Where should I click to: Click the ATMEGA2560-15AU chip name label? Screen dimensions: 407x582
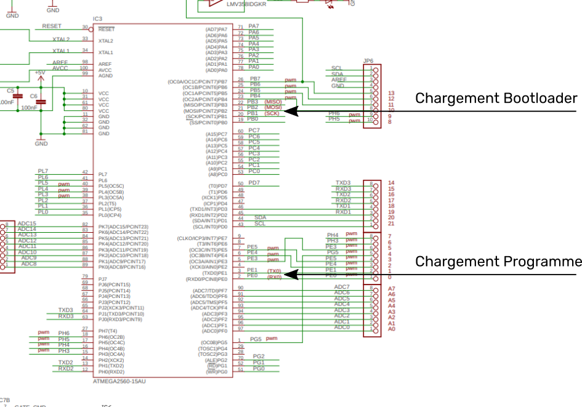click(119, 382)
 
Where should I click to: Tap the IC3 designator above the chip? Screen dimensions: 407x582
click(97, 20)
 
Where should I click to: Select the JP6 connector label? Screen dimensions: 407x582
click(368, 61)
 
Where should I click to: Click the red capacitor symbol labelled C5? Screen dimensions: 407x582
click(18, 96)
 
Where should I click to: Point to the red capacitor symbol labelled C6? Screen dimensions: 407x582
click(41, 102)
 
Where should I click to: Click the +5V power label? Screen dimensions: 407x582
click(40, 73)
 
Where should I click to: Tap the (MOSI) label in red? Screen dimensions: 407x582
click(273, 107)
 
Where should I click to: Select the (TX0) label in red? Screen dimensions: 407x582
click(274, 271)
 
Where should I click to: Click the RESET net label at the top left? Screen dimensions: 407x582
click(52, 26)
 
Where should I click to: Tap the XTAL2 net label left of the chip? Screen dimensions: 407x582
click(61, 39)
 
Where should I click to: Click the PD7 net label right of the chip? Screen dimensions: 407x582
click(254, 183)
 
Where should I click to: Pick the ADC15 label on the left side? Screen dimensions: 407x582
click(27, 224)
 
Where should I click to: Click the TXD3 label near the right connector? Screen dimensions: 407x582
click(343, 183)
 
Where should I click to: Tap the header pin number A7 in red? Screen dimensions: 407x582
click(392, 289)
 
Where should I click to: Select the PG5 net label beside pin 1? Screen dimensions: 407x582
click(256, 339)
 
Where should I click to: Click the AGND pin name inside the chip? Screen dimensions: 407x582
click(105, 76)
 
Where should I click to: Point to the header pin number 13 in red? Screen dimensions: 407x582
click(391, 93)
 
